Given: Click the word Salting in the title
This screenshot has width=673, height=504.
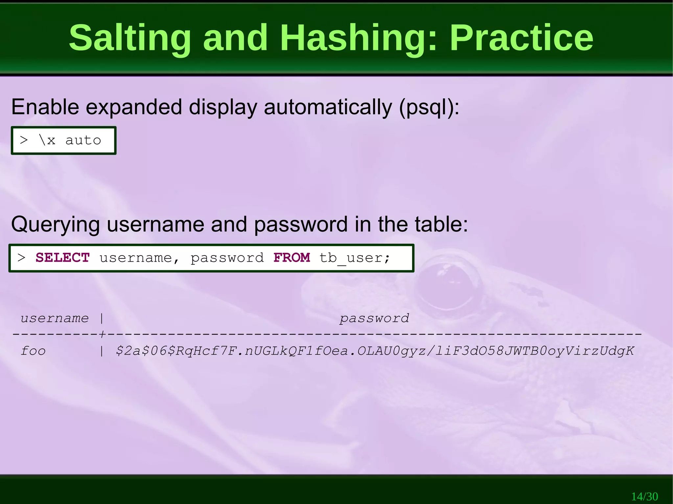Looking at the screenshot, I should [130, 38].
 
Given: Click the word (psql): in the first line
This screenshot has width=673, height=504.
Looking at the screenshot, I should [429, 107].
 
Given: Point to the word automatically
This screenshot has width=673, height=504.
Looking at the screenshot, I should [328, 107].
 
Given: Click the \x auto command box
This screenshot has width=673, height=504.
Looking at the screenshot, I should [64, 141].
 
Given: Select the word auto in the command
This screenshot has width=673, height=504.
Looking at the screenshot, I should [83, 141].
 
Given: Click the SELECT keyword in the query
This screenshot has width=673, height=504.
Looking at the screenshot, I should [62, 258].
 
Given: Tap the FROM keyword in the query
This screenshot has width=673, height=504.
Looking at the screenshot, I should [291, 258].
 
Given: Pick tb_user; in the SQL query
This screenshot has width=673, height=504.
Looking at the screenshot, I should [355, 258].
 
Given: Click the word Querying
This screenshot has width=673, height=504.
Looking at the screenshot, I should [55, 225].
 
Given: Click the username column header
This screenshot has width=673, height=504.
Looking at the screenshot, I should [55, 318].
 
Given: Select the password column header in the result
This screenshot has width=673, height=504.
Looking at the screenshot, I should [374, 318].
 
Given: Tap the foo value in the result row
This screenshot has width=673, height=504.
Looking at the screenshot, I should [33, 351].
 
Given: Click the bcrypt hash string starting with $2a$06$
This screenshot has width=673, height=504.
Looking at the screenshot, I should [375, 351].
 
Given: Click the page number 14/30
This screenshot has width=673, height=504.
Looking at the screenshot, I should [644, 496].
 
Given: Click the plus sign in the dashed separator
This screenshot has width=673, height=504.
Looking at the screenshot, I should [102, 334].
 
